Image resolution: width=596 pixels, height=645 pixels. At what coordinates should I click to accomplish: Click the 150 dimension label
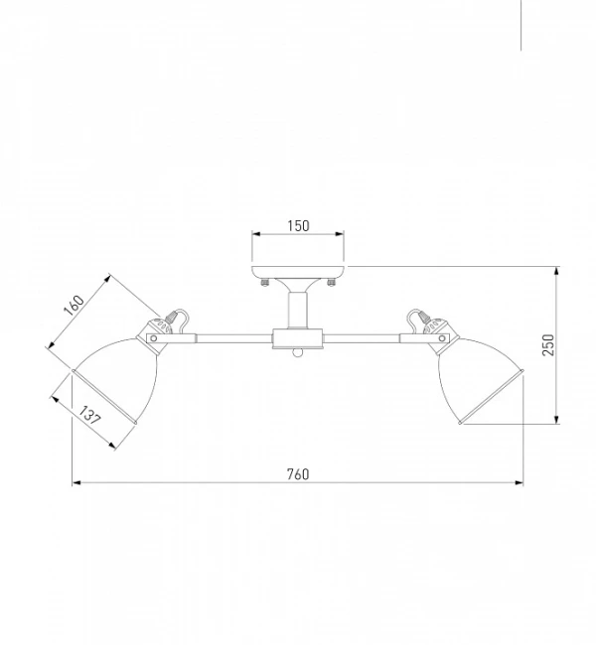(298, 226)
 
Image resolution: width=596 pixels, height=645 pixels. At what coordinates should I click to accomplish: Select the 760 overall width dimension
(298, 474)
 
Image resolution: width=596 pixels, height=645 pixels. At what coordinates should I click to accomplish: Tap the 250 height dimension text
(548, 344)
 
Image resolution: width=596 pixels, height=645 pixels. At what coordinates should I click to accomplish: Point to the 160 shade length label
(74, 305)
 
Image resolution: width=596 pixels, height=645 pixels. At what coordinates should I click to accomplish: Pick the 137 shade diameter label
(89, 416)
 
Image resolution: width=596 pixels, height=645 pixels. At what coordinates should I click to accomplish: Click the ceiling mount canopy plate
(298, 272)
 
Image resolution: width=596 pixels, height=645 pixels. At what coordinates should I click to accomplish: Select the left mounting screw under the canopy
(265, 282)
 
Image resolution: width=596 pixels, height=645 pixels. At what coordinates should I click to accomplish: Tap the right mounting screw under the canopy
(331, 282)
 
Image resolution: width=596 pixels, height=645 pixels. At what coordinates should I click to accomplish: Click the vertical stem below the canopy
(297, 310)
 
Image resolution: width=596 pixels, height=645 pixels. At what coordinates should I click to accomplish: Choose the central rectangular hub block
(297, 338)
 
